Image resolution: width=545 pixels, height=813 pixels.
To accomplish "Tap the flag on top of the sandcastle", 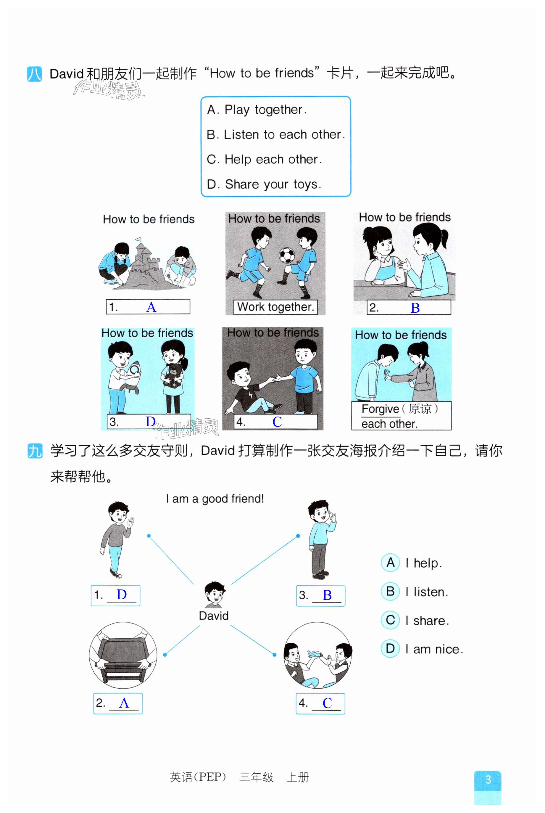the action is [138, 240].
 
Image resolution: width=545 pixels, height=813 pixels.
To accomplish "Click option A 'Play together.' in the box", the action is [257, 110].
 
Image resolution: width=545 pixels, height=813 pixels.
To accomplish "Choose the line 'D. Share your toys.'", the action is [264, 184].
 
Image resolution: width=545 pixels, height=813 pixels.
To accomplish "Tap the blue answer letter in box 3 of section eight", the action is [151, 422].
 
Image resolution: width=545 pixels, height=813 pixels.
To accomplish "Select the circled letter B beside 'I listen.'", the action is [390, 592].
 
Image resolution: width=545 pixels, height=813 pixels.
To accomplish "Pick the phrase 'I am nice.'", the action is [434, 649].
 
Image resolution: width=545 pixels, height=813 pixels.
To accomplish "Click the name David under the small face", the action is [214, 616].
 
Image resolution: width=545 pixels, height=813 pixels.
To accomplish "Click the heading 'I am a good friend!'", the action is [215, 499].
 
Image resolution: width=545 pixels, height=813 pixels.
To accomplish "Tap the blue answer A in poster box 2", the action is [124, 703].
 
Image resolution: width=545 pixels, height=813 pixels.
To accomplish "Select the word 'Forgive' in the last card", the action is [380, 409].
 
